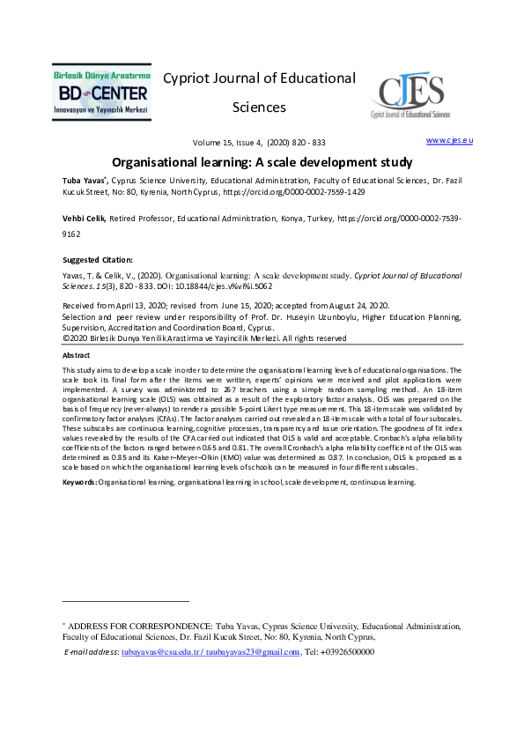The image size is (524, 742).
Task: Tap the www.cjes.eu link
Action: (x=449, y=140)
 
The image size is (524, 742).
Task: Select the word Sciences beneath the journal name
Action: (x=259, y=108)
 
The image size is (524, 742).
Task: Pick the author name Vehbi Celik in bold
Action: (x=84, y=219)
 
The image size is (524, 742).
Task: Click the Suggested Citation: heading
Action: (x=97, y=260)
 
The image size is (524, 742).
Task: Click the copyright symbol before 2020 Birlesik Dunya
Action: (x=65, y=338)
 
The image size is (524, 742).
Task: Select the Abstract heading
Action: (x=77, y=355)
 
